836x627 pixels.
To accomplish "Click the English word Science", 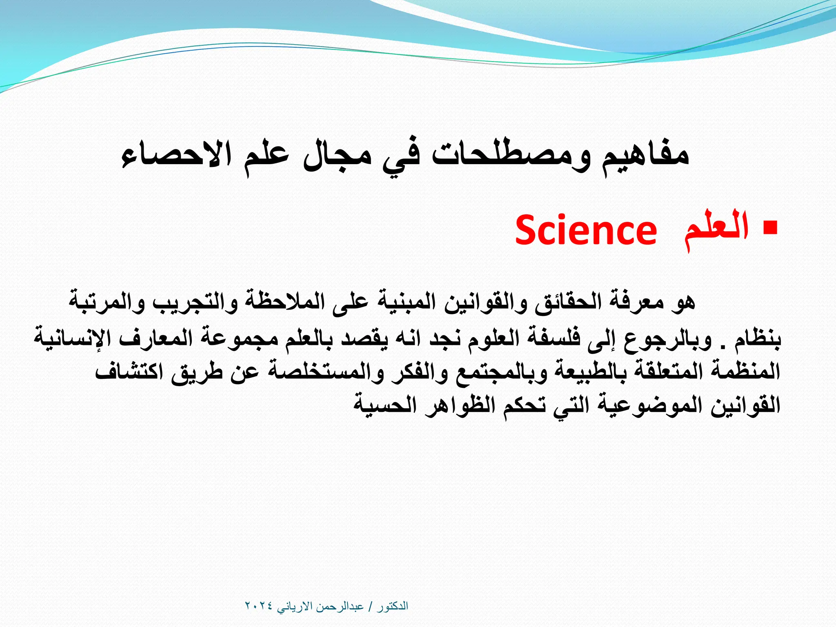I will tap(586, 231).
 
